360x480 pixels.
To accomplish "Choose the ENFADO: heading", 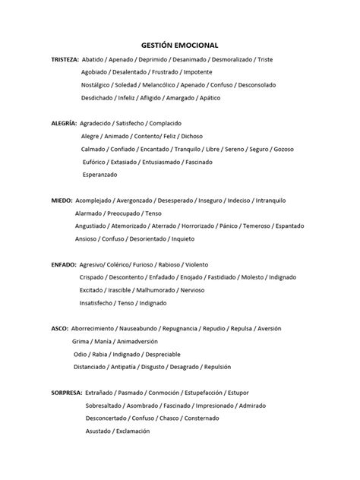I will click(63, 265).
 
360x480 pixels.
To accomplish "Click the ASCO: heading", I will click(58, 329).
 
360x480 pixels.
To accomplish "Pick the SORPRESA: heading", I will click(67, 393).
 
